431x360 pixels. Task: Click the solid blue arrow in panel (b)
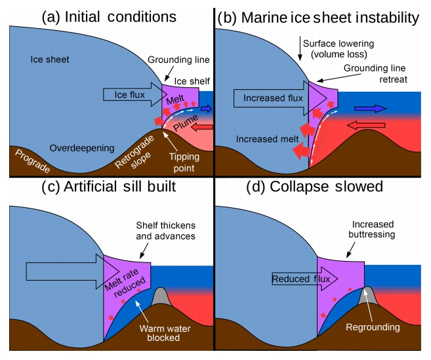[371, 108]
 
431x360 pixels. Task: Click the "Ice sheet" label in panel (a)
[50, 60]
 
